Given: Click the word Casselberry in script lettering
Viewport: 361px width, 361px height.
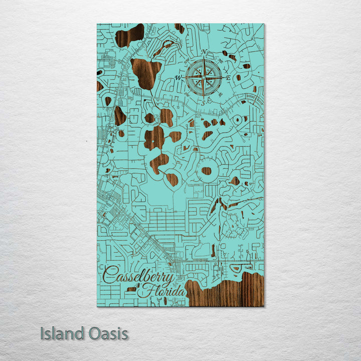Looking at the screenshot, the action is coord(139,276).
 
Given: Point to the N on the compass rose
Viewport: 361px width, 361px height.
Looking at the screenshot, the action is coord(204,53).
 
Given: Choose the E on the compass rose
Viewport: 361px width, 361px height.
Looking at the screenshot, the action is coord(228,78).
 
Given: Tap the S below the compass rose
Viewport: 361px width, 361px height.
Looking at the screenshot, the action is coord(204,102).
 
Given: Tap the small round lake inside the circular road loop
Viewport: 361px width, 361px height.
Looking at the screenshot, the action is coord(206,170).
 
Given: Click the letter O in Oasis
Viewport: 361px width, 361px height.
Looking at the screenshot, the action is coord(91,334).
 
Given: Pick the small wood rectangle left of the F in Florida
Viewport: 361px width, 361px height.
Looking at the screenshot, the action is coord(132,289).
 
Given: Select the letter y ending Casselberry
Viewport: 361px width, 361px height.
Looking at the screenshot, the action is coord(170,279).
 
